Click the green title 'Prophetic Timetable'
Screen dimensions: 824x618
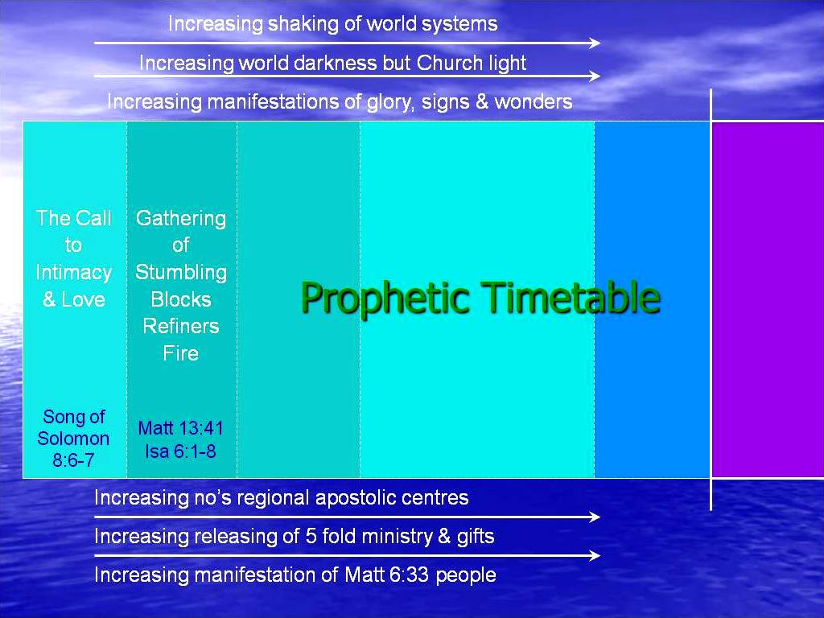click(x=480, y=298)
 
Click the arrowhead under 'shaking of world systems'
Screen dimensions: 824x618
click(x=595, y=43)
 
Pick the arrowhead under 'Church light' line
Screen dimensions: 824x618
click(x=595, y=76)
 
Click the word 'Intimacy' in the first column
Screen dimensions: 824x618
click(x=73, y=273)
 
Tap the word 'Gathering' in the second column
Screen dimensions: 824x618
click(x=181, y=219)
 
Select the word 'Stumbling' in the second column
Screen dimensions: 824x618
click(x=181, y=273)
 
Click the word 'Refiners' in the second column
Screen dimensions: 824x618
click(x=181, y=327)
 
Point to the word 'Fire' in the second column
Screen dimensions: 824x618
click(x=181, y=353)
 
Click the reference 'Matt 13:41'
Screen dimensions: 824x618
click(x=181, y=428)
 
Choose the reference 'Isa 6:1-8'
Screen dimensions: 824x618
click(x=181, y=451)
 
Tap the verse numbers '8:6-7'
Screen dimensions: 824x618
click(x=73, y=460)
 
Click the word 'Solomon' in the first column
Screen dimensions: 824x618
click(x=73, y=439)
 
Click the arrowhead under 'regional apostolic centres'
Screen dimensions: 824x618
click(x=595, y=517)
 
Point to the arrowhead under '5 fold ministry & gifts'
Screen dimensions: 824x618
click(x=595, y=555)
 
